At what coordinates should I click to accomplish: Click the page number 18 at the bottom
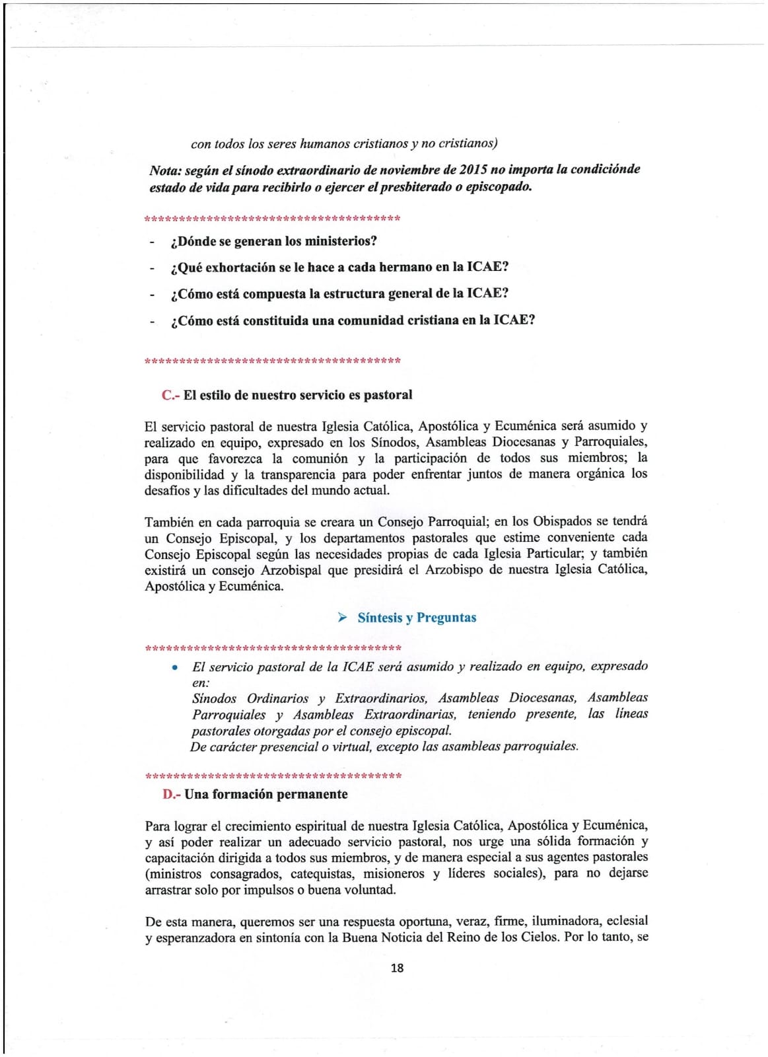[397, 968]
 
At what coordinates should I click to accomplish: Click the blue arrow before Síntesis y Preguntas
[342, 618]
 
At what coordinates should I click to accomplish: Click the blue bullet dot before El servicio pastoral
[174, 667]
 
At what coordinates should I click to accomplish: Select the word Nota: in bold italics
[166, 170]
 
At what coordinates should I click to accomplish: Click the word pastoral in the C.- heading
[388, 395]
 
